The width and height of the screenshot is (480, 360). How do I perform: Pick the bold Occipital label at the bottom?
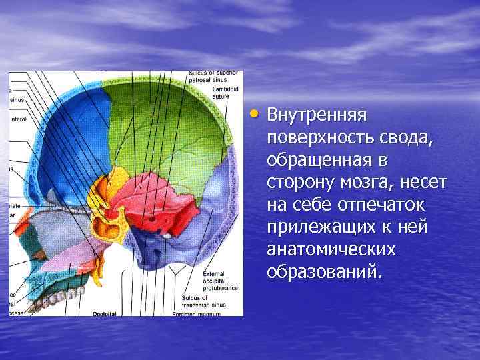click(105, 313)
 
